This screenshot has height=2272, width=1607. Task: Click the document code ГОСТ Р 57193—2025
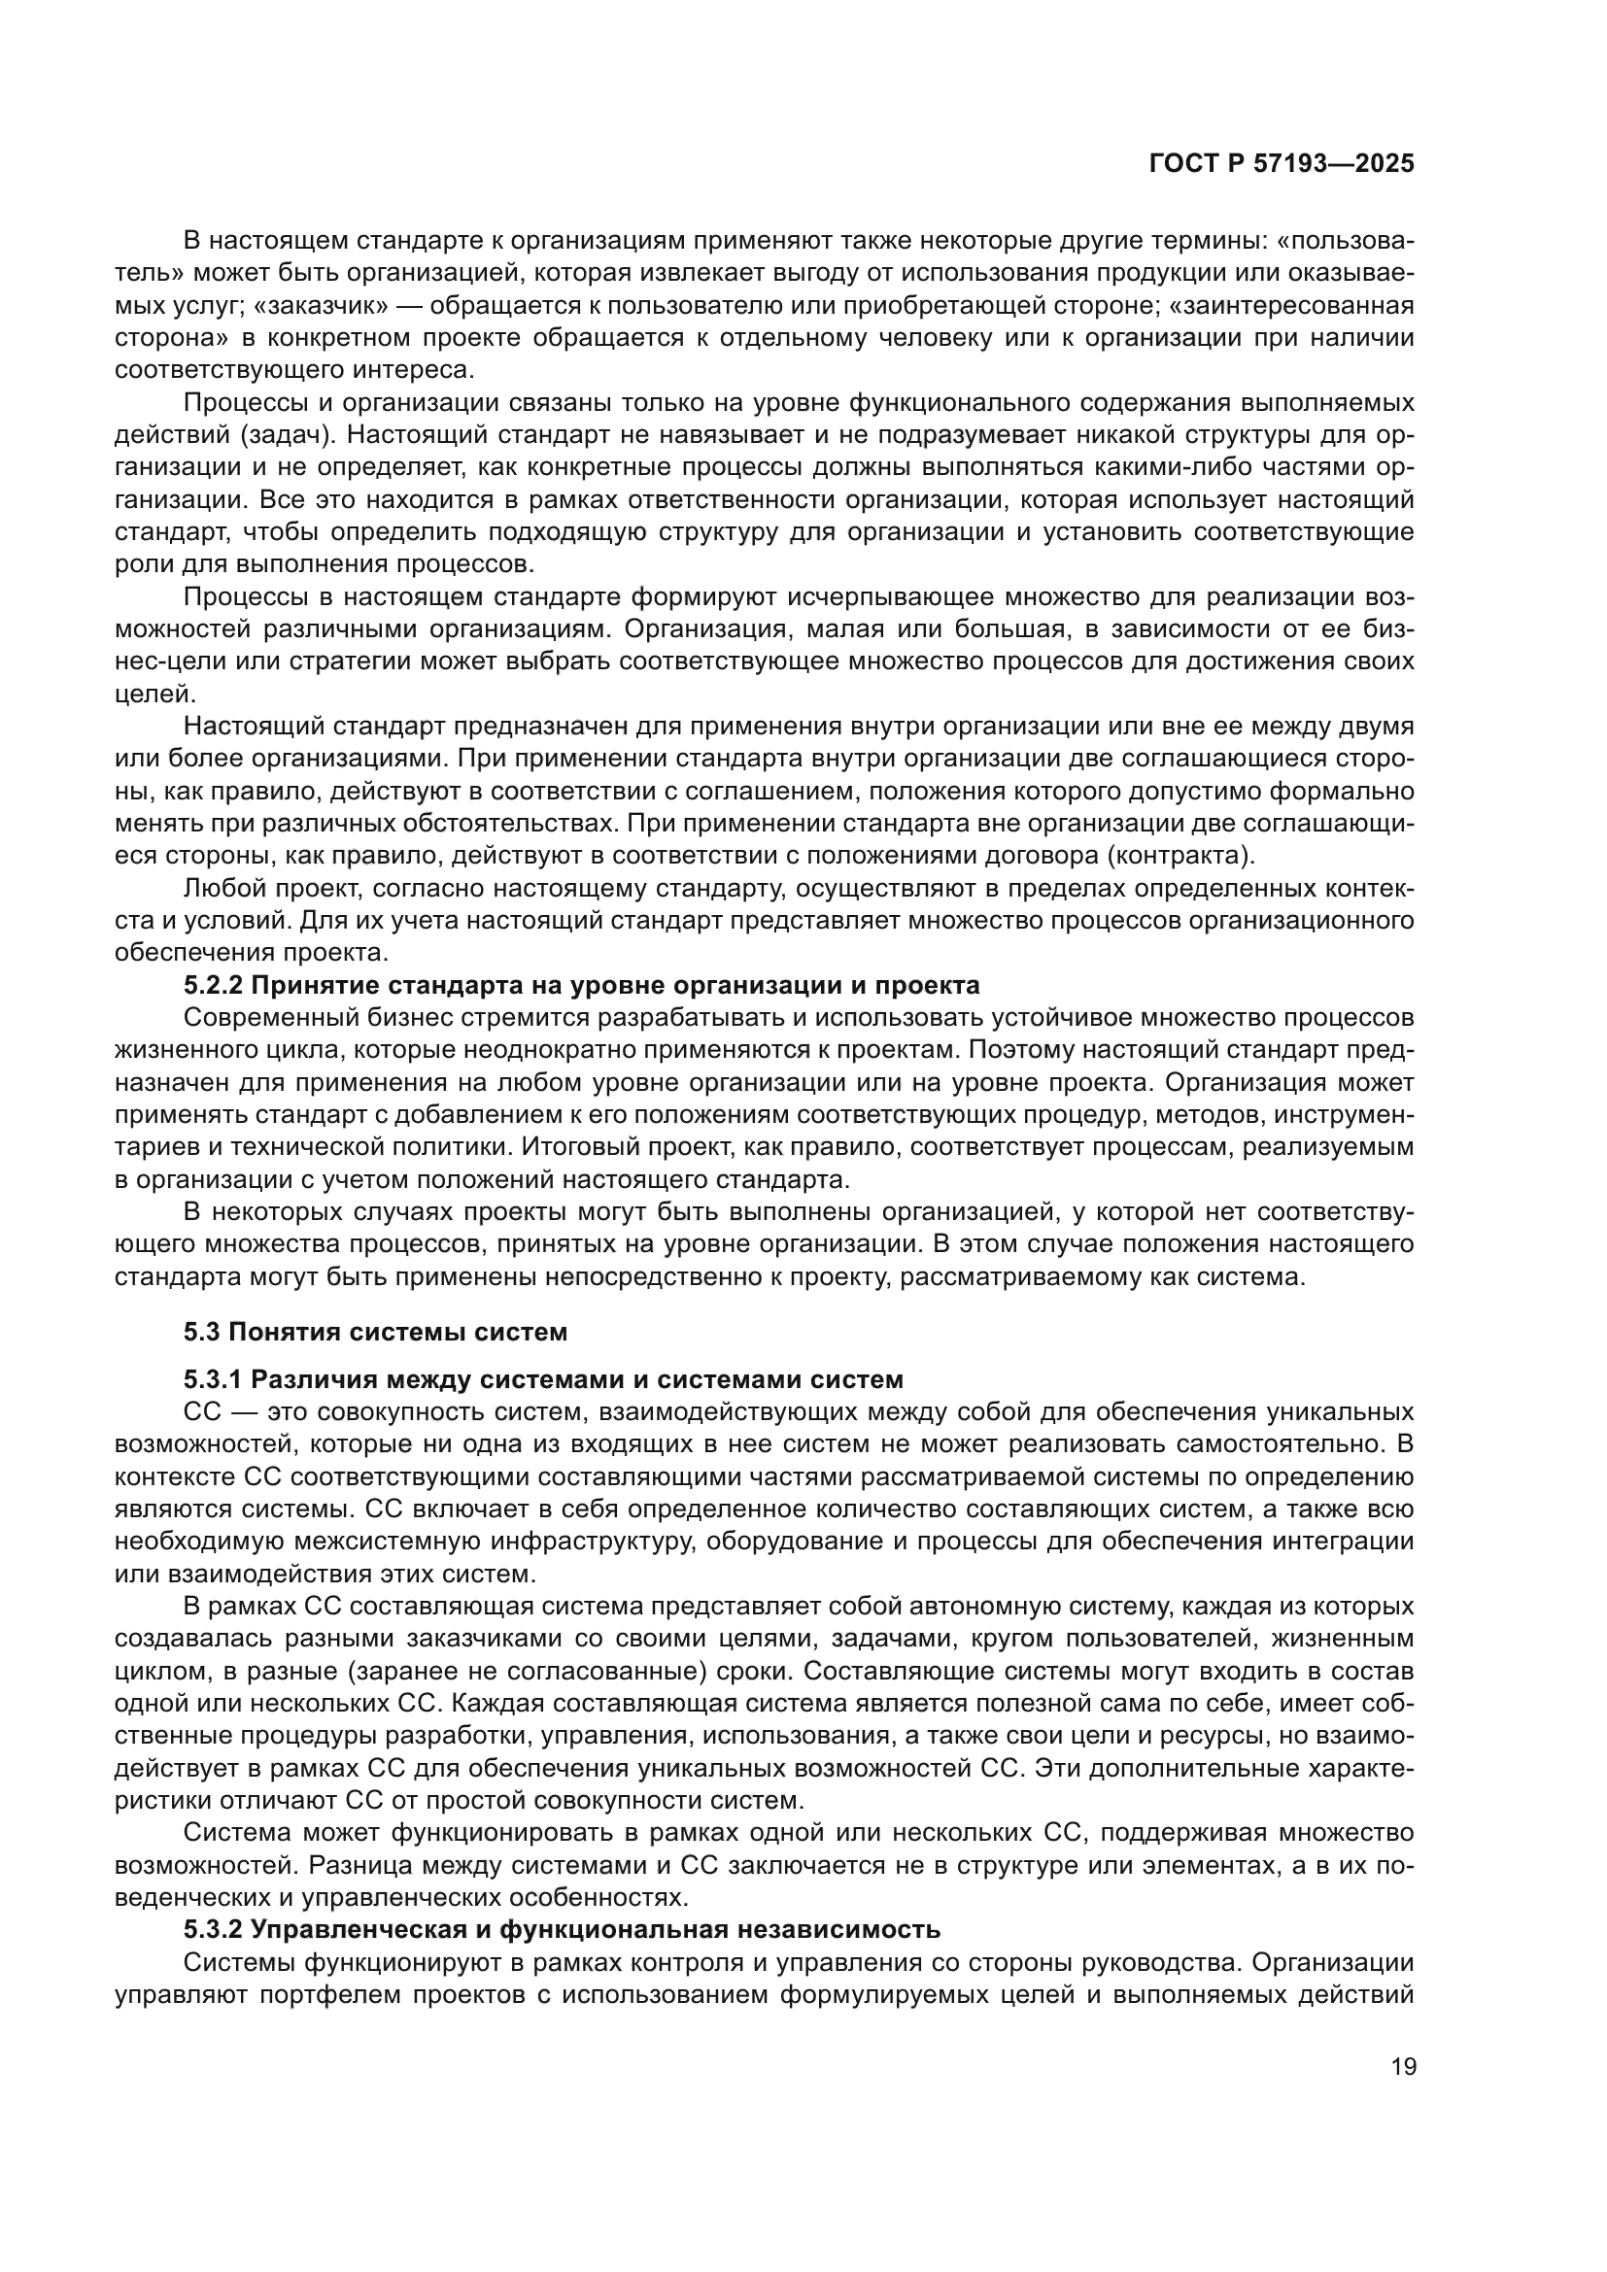point(1282,164)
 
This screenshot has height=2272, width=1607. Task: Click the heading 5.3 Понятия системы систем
point(375,1332)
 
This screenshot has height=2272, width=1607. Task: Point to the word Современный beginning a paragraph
point(256,1018)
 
